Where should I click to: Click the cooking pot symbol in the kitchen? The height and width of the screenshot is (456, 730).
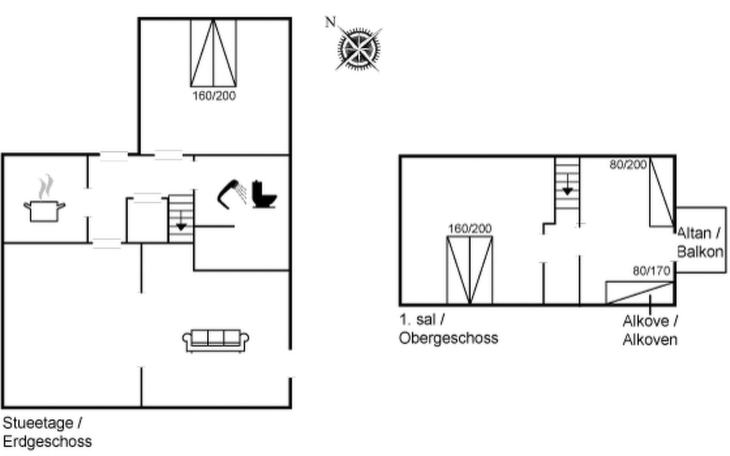tap(44, 211)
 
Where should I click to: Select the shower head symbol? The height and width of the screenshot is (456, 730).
tap(231, 194)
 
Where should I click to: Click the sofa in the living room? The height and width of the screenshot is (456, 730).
tap(216, 341)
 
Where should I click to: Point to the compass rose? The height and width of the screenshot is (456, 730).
tap(358, 49)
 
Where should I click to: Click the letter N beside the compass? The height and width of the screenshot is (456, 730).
tap(330, 22)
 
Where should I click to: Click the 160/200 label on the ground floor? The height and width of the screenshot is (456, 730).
tap(214, 96)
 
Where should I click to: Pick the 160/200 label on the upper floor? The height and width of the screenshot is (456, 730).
tap(470, 228)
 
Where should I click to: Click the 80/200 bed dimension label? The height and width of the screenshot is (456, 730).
tap(628, 165)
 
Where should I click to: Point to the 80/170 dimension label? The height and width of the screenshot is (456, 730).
tap(651, 271)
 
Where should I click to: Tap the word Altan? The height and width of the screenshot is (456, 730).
tap(694, 233)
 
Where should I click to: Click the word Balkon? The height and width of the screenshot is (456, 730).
tap(700, 252)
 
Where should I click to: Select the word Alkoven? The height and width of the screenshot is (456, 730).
tap(650, 339)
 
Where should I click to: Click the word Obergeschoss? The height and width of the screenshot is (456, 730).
tap(449, 338)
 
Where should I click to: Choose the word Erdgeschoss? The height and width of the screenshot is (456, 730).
tap(48, 442)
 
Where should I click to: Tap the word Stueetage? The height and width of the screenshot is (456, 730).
tap(38, 423)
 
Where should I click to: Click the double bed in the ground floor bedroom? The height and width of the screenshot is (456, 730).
tap(213, 53)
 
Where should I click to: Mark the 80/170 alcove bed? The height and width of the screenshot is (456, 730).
tap(640, 293)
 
